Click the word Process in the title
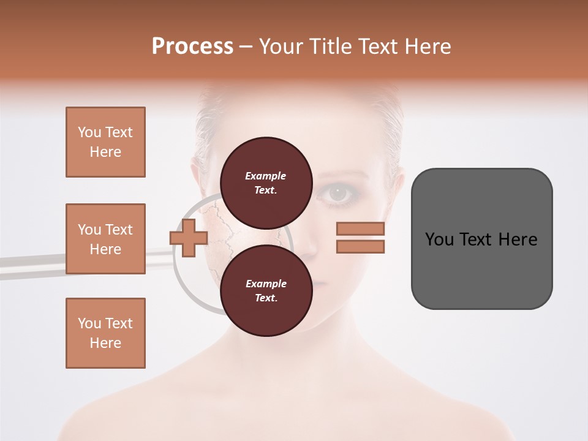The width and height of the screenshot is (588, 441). [192, 46]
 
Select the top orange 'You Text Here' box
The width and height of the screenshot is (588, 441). [105, 142]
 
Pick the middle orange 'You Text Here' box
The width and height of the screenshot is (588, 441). [105, 239]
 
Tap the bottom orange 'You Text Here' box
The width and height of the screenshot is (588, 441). [105, 333]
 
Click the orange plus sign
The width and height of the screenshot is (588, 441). [189, 238]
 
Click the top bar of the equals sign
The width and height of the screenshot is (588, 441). [360, 229]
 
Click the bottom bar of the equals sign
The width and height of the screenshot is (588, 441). [360, 246]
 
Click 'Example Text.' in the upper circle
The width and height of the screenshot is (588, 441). [266, 183]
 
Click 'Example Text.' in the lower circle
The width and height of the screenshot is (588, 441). [266, 291]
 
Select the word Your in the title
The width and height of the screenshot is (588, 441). [282, 47]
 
